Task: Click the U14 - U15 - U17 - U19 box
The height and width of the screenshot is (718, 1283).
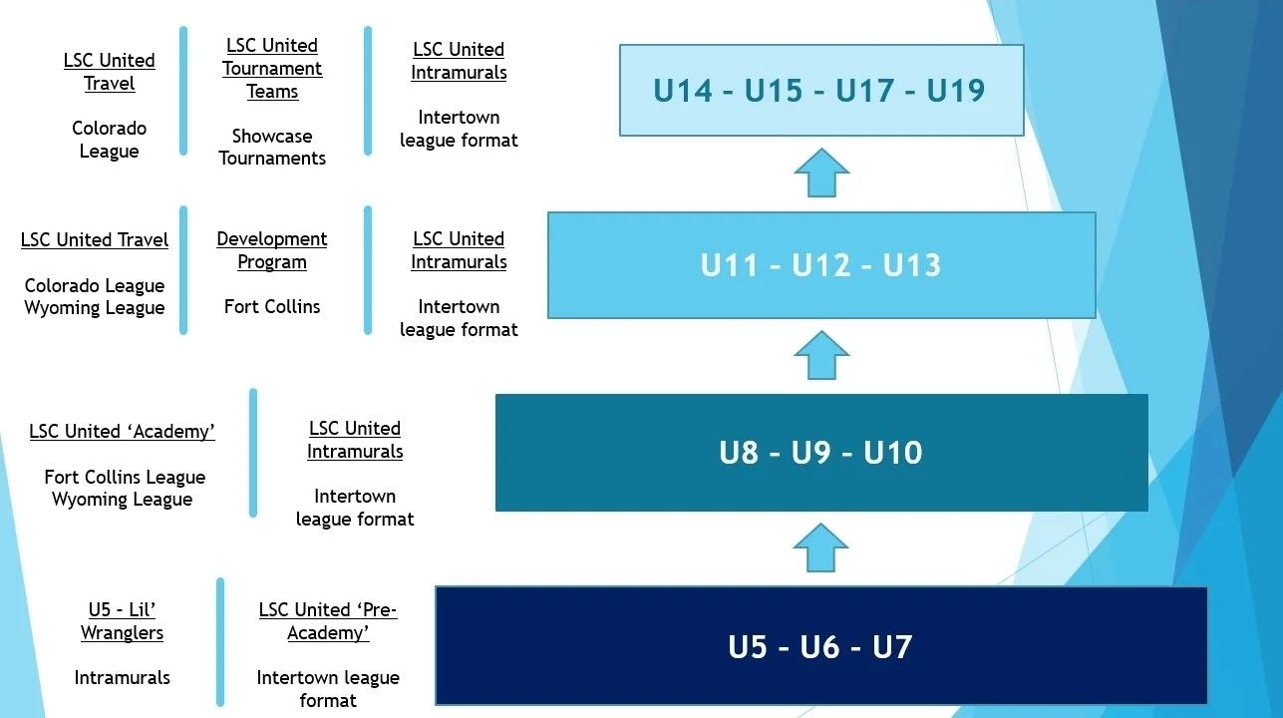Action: (820, 90)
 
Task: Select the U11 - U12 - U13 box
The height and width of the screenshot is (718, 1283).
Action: (820, 265)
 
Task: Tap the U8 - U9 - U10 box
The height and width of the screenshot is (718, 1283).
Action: (820, 453)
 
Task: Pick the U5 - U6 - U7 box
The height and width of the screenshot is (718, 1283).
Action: (820, 646)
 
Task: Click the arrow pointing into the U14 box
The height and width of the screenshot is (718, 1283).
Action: (821, 173)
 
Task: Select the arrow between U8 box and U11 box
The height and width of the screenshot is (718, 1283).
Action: (821, 355)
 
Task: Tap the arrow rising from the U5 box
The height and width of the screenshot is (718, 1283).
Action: (821, 547)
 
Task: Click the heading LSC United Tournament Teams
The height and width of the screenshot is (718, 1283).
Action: (272, 69)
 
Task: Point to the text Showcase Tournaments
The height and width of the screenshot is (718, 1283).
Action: (272, 147)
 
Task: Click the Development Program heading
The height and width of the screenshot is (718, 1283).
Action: (272, 250)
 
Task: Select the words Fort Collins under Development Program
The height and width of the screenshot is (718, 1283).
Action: (272, 306)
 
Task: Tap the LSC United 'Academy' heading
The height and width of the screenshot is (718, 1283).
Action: (122, 432)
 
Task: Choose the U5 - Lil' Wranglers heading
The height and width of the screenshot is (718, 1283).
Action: (122, 621)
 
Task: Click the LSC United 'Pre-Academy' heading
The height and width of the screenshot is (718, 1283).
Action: (328, 621)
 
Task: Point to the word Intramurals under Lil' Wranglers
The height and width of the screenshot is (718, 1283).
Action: (122, 678)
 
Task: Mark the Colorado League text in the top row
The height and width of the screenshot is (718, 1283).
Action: (109, 140)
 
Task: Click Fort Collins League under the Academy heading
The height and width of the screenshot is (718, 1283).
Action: (125, 477)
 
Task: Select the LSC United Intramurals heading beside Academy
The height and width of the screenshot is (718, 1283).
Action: (355, 440)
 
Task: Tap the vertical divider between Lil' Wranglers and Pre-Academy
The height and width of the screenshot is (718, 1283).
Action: (220, 641)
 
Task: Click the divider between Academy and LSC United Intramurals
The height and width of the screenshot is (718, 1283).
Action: (253, 453)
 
